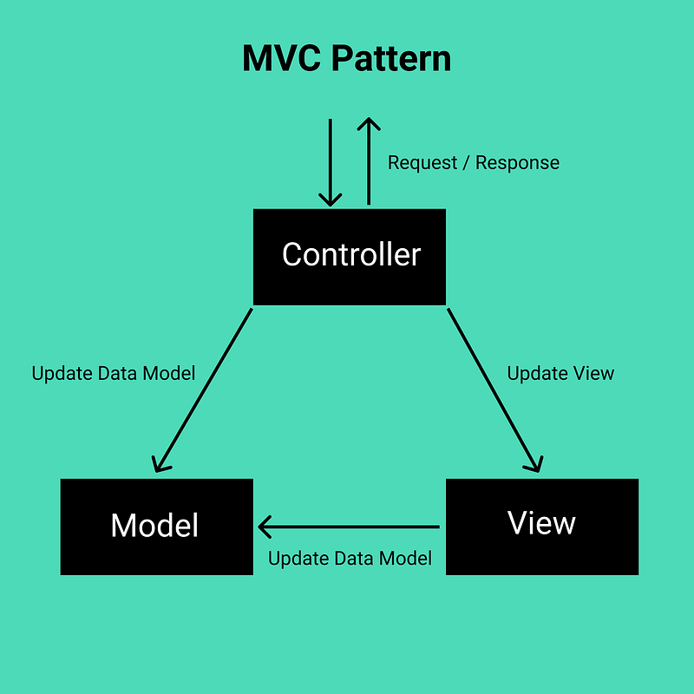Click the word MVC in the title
tap(281, 58)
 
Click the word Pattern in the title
tap(391, 58)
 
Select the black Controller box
tap(350, 257)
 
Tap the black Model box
tap(157, 527)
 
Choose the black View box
tap(542, 527)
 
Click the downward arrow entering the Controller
tap(331, 162)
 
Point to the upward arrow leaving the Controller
tap(369, 161)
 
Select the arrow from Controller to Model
tap(204, 390)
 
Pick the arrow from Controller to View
tap(494, 390)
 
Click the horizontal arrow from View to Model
tap(349, 527)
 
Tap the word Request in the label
tap(422, 163)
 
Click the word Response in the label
tap(517, 163)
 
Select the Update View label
tap(560, 374)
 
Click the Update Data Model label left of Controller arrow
tap(114, 374)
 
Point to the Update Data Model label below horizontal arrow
tap(350, 559)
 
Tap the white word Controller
tap(351, 254)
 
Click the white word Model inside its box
tap(154, 526)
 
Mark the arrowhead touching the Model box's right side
tap(265, 527)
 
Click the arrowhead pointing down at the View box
tap(534, 465)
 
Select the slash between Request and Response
tap(466, 163)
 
